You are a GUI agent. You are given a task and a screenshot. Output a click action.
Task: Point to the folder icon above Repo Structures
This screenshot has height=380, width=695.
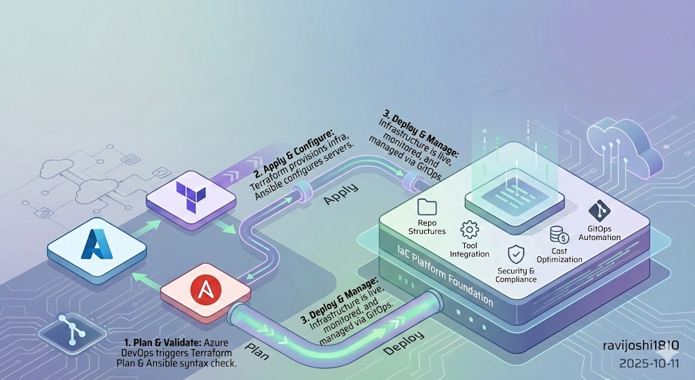pyautogui.click(x=428, y=207)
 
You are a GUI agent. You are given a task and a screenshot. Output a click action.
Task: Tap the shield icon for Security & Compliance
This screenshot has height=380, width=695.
pyautogui.click(x=516, y=254)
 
